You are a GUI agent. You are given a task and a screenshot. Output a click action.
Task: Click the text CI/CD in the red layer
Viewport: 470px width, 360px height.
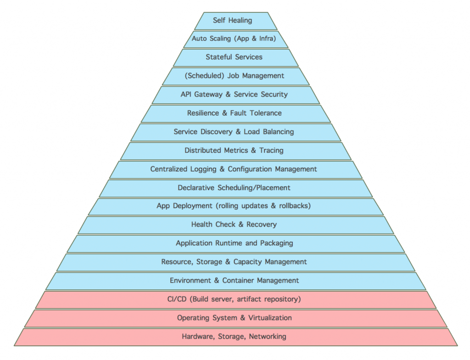[177, 299]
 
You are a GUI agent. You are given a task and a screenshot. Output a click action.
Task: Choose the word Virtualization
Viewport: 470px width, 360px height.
[266, 318]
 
